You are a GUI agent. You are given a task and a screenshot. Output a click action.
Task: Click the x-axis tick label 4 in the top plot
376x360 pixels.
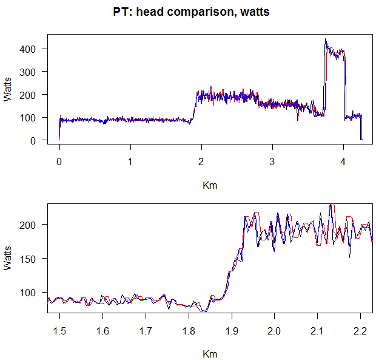point(344,162)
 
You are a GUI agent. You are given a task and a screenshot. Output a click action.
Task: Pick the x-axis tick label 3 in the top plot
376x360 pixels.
point(272,162)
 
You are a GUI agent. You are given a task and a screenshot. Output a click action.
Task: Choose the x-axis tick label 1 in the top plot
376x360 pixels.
point(130,162)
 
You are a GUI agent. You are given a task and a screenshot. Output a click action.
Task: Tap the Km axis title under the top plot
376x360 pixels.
point(209,186)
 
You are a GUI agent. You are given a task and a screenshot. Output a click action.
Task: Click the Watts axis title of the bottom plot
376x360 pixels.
point(8,257)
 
